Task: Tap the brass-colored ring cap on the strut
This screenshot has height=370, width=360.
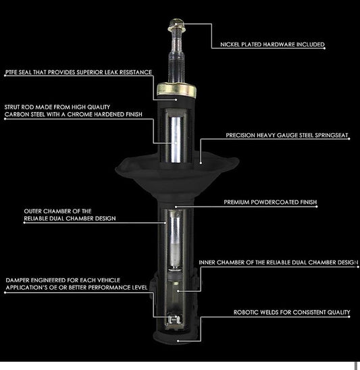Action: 176,90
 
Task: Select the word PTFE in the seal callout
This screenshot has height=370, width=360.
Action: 11,72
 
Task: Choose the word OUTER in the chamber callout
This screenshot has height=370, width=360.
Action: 33,211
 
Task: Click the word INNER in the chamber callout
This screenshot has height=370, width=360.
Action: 207,263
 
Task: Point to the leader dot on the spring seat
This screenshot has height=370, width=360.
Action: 201,163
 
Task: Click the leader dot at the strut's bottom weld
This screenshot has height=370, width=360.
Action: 178,341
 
